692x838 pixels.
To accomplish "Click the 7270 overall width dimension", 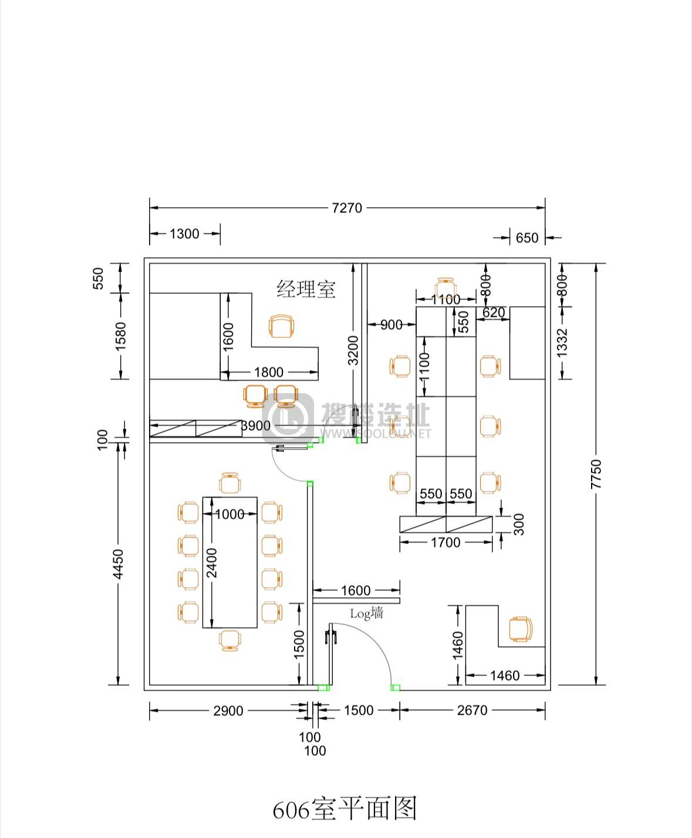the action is [x=347, y=208].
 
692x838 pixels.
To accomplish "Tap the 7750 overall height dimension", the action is [x=596, y=474].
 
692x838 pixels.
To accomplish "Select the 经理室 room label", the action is [x=306, y=289].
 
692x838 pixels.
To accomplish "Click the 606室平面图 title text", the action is [x=345, y=808].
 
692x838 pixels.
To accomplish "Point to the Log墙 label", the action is [x=366, y=613].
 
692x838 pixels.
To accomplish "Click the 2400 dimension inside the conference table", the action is [x=211, y=563].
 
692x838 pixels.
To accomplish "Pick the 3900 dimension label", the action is [x=256, y=425].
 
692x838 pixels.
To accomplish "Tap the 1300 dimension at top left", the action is [x=184, y=234].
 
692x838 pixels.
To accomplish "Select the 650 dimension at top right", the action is [x=526, y=238].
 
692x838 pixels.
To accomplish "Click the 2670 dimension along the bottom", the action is [x=472, y=711].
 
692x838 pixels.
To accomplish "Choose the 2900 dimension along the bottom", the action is [x=228, y=711].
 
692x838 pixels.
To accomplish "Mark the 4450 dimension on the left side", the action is [x=117, y=564].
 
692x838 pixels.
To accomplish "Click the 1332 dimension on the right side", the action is [x=562, y=343].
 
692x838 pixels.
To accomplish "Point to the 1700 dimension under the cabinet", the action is [x=445, y=543].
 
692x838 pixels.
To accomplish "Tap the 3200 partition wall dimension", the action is [x=353, y=350].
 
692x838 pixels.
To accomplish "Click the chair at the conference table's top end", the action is [x=230, y=482].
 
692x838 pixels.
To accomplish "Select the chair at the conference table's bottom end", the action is [x=230, y=641].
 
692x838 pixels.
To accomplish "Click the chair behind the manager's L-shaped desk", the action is [x=281, y=326].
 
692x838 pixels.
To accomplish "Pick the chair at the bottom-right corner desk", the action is [x=521, y=629].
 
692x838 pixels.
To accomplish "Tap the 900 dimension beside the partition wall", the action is [x=391, y=325].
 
